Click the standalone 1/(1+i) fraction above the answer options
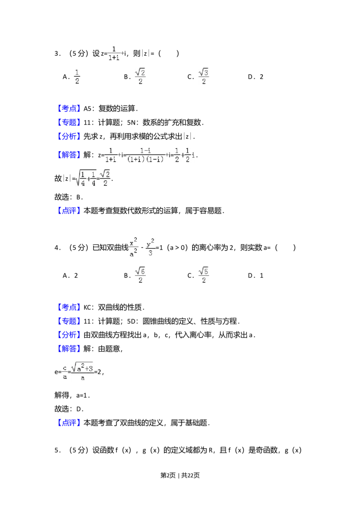coord(113,52)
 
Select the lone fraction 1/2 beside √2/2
coord(77,76)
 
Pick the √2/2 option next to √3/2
coord(140,76)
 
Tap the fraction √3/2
coord(205,76)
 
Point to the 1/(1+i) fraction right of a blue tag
coord(111,155)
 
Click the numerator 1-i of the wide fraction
coord(145,150)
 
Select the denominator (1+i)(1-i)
coord(145,159)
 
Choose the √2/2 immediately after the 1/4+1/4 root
coord(104,178)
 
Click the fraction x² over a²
coord(134,246)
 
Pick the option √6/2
coord(140,275)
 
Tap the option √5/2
coord(205,275)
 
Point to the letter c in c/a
coord(65,368)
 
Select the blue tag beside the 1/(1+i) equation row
coord(69,155)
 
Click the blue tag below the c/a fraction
coord(70,423)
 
